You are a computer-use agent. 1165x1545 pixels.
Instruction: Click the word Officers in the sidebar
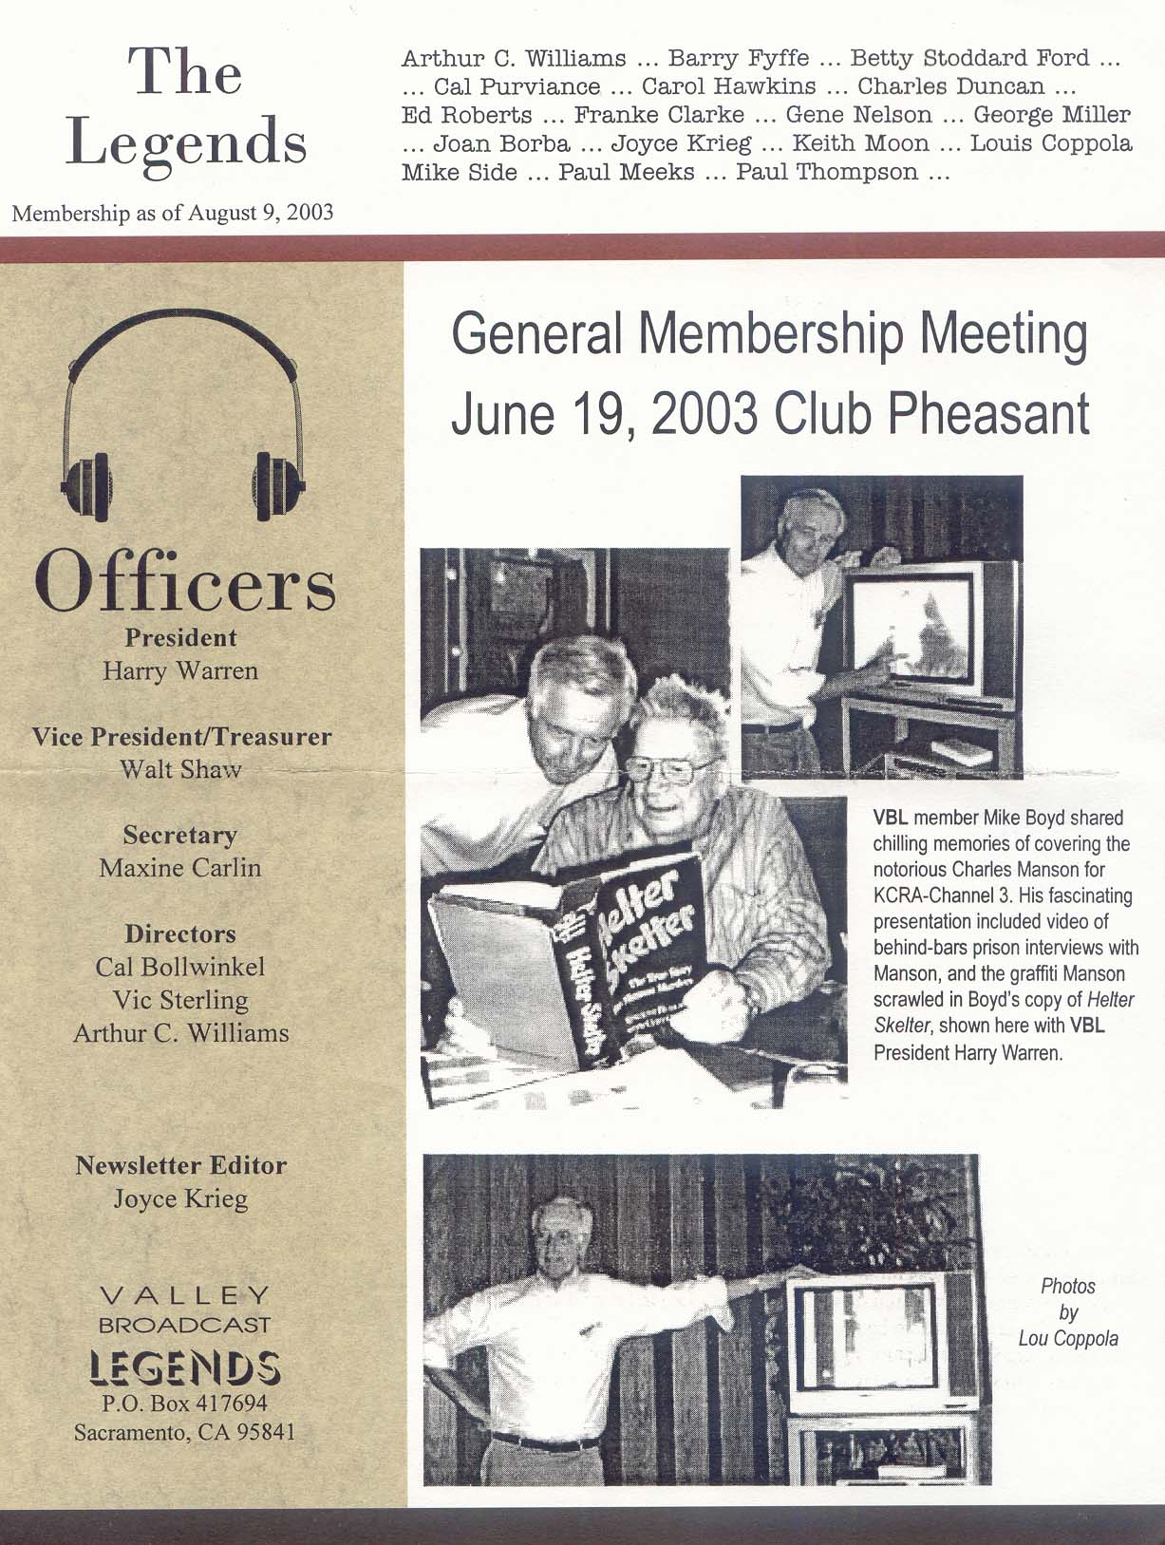[185, 581]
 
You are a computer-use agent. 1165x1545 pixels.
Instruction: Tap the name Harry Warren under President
[180, 671]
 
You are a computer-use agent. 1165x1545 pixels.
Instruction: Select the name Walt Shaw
[180, 769]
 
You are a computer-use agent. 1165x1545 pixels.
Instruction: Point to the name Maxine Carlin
[180, 868]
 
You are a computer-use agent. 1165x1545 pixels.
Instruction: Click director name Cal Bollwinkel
[180, 967]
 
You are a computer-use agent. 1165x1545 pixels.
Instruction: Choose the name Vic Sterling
[180, 1000]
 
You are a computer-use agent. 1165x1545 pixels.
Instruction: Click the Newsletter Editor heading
[180, 1165]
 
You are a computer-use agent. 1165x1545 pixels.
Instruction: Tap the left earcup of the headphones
[88, 485]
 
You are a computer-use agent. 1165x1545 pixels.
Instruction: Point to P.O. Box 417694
[184, 1403]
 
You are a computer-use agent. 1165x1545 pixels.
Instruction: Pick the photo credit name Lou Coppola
[1068, 1339]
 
